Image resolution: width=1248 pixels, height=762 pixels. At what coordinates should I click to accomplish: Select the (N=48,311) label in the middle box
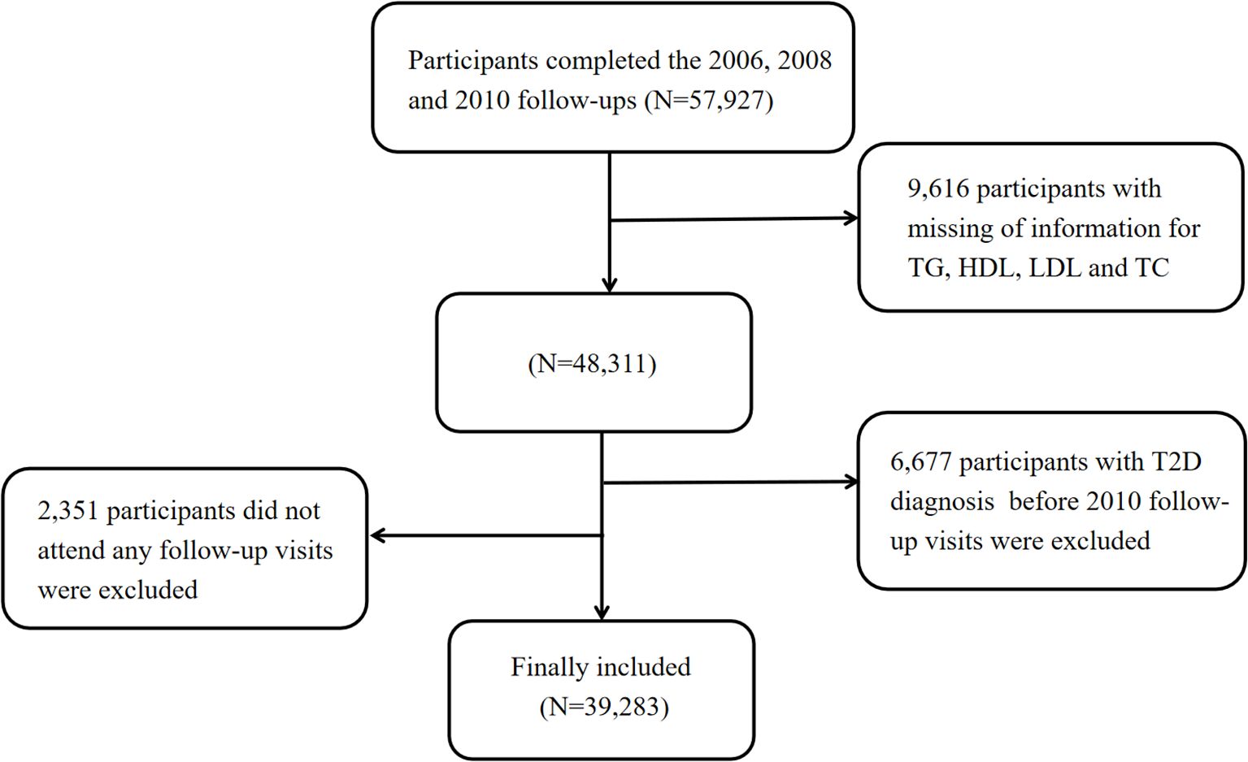coord(592,363)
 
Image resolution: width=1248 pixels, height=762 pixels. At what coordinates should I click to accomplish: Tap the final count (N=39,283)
coord(604,708)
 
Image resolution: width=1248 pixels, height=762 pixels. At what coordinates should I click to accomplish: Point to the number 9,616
coord(937,188)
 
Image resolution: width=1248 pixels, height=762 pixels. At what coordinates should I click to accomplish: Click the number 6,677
coord(920,462)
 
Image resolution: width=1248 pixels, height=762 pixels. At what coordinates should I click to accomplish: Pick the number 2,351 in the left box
coord(67,511)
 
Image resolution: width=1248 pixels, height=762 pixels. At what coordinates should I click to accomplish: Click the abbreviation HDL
coord(989,268)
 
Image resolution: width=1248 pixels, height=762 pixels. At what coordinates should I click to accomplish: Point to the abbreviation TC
coord(1150,268)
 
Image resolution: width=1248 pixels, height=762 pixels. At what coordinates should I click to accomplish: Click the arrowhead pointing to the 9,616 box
coord(851,218)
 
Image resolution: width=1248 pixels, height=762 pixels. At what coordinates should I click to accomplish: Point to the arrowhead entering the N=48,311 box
coord(609,284)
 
